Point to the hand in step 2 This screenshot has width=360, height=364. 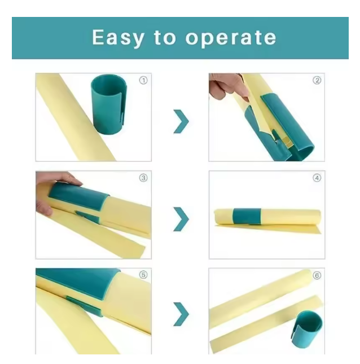[226, 87]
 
